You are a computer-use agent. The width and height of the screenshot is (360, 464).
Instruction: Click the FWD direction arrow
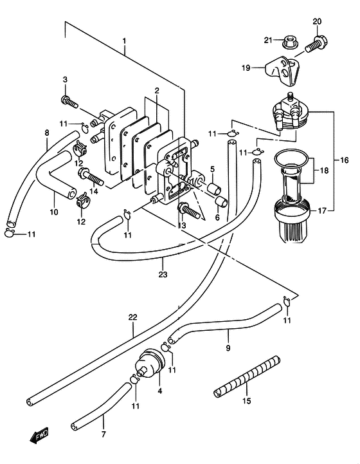(x=39, y=435)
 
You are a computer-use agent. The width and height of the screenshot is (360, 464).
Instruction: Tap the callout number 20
(x=317, y=21)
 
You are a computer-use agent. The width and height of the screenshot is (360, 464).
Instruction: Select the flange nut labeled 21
(x=289, y=42)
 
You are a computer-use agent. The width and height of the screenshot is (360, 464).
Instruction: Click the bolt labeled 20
(x=316, y=44)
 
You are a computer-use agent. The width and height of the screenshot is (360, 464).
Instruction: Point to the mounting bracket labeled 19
(x=282, y=71)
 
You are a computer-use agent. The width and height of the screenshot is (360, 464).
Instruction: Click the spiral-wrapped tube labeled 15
(x=246, y=377)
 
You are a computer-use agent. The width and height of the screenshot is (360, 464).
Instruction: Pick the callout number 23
(x=163, y=274)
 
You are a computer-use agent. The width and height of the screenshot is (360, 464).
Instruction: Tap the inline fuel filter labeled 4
(x=150, y=363)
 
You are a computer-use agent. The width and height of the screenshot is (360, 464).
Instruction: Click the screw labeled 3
(x=69, y=102)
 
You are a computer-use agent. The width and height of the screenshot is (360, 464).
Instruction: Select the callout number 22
(x=133, y=317)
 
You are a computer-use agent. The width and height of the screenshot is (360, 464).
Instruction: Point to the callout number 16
(x=345, y=160)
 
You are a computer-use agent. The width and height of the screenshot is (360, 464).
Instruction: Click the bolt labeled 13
(x=191, y=211)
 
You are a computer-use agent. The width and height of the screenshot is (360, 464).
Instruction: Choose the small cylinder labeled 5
(x=214, y=188)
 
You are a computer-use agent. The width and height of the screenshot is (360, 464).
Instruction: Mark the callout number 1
(x=125, y=41)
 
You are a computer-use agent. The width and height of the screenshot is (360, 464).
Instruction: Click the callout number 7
(x=104, y=434)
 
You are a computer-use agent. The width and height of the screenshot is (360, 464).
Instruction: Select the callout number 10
(x=54, y=212)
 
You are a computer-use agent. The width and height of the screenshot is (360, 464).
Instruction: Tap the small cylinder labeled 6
(x=221, y=201)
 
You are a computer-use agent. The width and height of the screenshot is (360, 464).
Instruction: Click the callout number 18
(x=324, y=171)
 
